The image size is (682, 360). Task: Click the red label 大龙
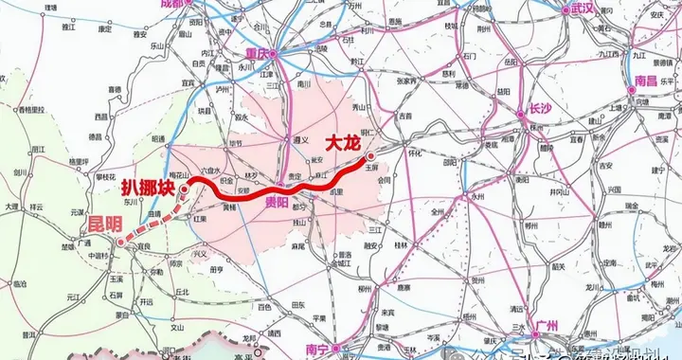(342, 144)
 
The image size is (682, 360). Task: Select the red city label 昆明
(99, 224)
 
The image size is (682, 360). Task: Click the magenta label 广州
(547, 326)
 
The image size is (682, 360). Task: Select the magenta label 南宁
(316, 350)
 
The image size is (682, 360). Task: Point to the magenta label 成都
(173, 4)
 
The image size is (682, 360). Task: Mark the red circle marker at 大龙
(370, 155)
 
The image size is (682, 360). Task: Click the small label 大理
(10, 206)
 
